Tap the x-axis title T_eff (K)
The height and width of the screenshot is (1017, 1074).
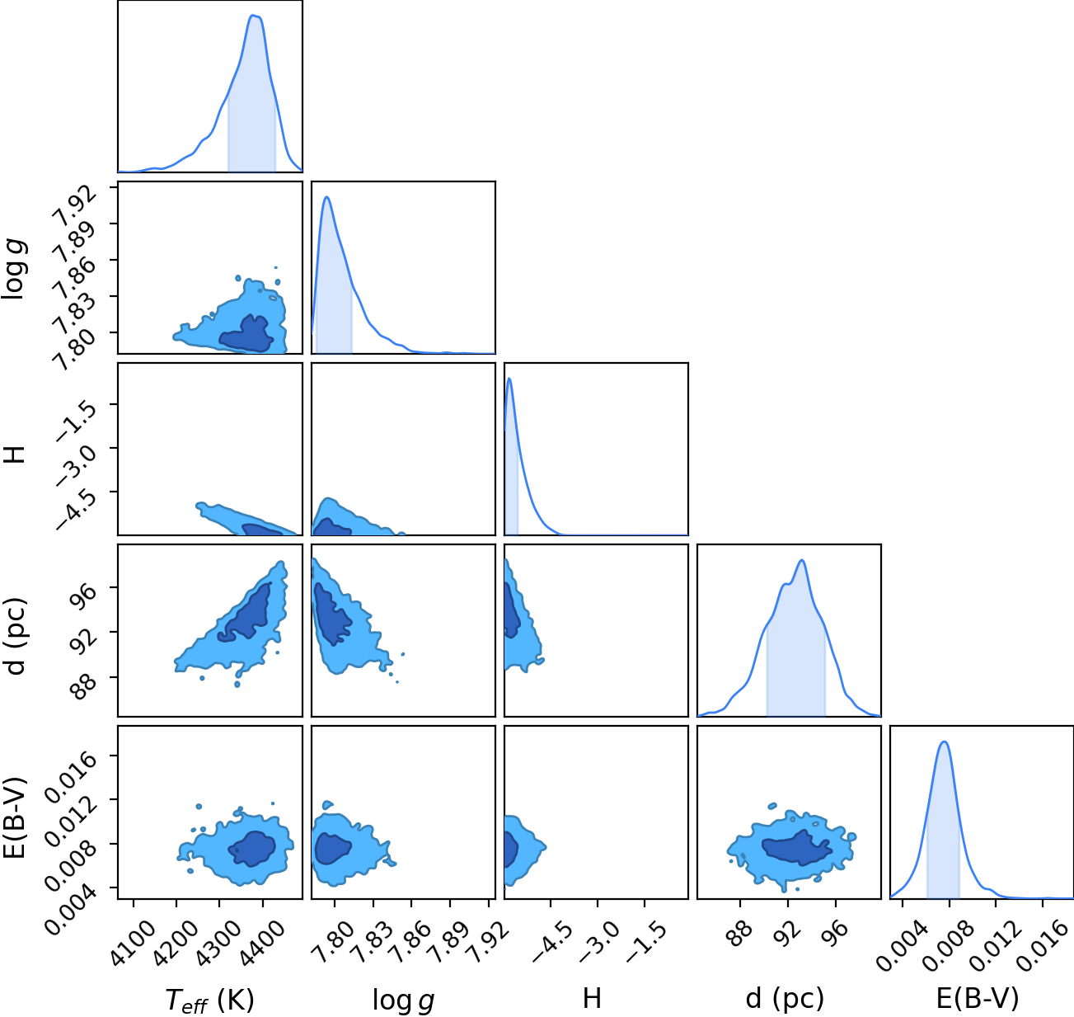[210, 1000]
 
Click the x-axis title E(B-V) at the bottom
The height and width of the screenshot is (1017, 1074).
[978, 998]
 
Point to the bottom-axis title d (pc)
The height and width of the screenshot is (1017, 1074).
[785, 998]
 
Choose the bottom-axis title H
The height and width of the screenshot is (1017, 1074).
[592, 998]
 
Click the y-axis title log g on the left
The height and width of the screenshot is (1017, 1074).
[14, 268]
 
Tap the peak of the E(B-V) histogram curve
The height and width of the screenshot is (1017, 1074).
[944, 742]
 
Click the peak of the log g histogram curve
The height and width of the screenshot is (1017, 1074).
[326, 197]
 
